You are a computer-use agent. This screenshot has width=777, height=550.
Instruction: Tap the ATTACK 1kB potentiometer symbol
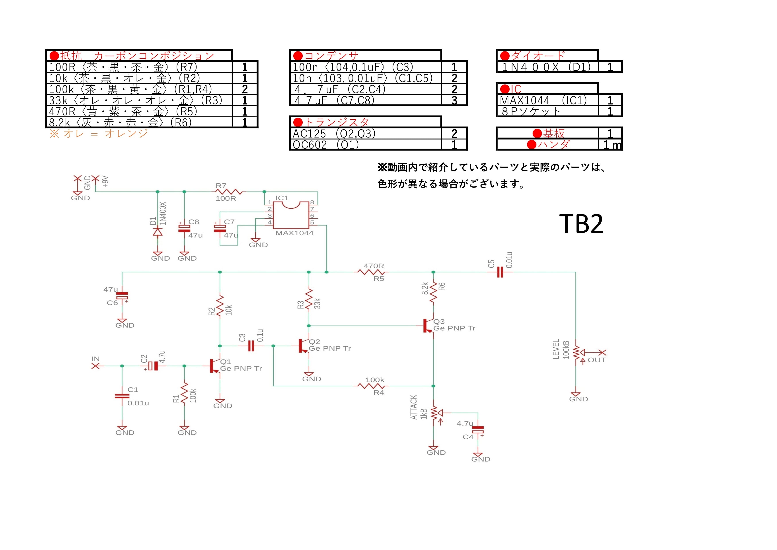pyautogui.click(x=435, y=413)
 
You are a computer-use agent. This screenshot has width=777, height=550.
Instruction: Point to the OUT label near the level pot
pyautogui.click(x=597, y=360)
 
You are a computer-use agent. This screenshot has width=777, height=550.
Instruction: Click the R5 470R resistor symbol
pyautogui.click(x=371, y=272)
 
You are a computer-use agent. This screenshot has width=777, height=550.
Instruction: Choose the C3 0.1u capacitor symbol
pyautogui.click(x=251, y=346)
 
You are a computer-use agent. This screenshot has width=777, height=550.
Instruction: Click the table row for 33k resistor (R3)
pyautogui.click(x=152, y=100)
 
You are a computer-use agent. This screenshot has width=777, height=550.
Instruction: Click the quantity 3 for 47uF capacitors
pyautogui.click(x=454, y=100)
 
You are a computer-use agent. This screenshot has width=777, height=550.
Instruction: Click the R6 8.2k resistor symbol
pyautogui.click(x=433, y=292)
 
